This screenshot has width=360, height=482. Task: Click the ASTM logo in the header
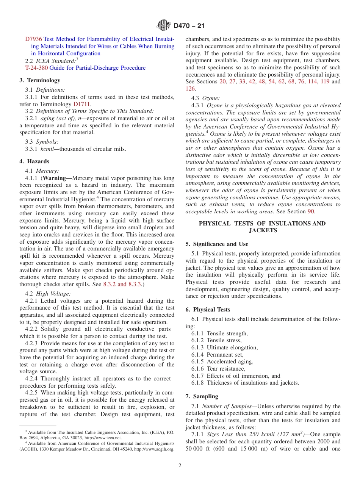point(164,26)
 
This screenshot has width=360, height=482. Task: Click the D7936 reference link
point(34,39)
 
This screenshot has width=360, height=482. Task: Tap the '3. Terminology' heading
point(40,80)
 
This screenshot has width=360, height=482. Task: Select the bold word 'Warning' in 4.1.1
point(56,178)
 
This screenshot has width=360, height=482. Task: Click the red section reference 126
point(190,89)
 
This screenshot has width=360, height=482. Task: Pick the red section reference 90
point(311,211)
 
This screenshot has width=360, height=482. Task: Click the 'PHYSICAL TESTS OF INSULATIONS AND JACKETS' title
point(262,227)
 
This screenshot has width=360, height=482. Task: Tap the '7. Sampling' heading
point(202,396)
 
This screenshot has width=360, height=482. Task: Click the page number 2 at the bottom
point(180,466)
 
